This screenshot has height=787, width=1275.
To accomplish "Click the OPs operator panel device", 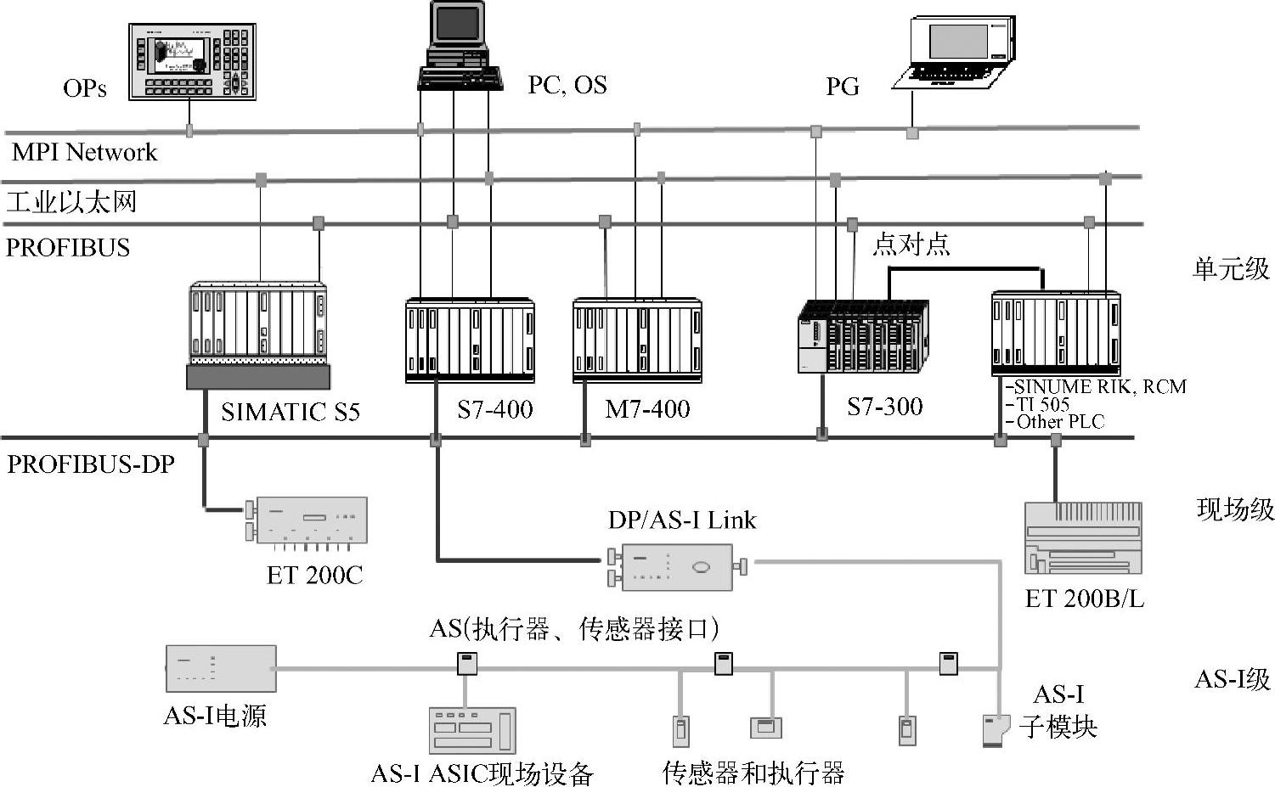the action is (x=192, y=61).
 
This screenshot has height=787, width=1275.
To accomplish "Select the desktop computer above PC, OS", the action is (x=459, y=47).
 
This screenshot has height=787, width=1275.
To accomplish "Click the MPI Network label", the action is (x=84, y=153).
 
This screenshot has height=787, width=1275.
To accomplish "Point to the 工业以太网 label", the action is (x=71, y=202).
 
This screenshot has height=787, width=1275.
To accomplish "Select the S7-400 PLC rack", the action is (x=470, y=340).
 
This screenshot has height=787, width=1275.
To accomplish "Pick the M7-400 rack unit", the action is (x=637, y=340).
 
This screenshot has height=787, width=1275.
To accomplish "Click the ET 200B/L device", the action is (x=1083, y=538).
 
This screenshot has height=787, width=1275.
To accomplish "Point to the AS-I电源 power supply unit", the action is (x=220, y=668).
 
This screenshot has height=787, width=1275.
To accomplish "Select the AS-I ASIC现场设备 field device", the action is (x=471, y=729).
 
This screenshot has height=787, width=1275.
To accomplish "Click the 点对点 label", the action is (x=911, y=245).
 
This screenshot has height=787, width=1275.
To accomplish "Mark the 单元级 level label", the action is (x=1231, y=269).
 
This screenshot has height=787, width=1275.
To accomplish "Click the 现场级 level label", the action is (x=1235, y=509).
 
